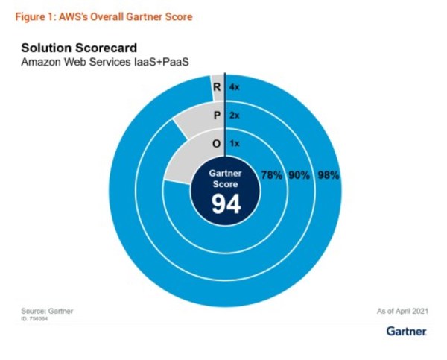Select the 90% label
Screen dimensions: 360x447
pyautogui.click(x=299, y=176)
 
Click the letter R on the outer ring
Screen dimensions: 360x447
pyautogui.click(x=216, y=87)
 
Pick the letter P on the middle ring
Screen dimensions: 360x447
pyautogui.click(x=216, y=116)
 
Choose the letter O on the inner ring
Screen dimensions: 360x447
pyautogui.click(x=216, y=143)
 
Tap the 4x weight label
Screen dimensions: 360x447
pyautogui.click(x=235, y=87)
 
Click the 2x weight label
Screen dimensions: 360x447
pyautogui.click(x=235, y=116)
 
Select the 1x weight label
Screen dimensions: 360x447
pyautogui.click(x=235, y=143)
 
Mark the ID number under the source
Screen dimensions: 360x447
pyautogui.click(x=37, y=318)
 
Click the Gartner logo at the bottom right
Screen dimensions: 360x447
pyautogui.click(x=406, y=330)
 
